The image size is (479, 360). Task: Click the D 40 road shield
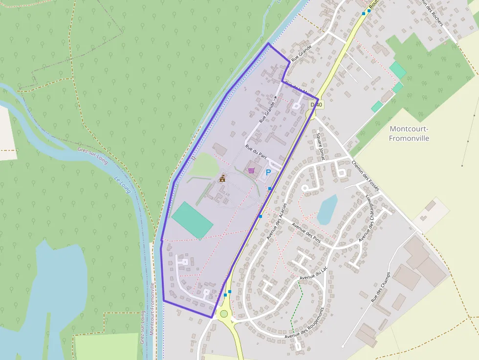(316, 105)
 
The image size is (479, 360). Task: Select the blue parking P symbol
(268, 172)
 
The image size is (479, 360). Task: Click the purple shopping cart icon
(251, 170)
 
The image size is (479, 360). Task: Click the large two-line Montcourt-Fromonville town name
(409, 133)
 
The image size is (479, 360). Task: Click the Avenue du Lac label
(313, 274)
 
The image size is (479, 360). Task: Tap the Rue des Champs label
(381, 287)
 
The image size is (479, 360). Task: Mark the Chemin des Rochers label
(429, 12)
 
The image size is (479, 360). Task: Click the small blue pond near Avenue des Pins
(327, 209)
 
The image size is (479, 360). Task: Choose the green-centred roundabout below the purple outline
(224, 314)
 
